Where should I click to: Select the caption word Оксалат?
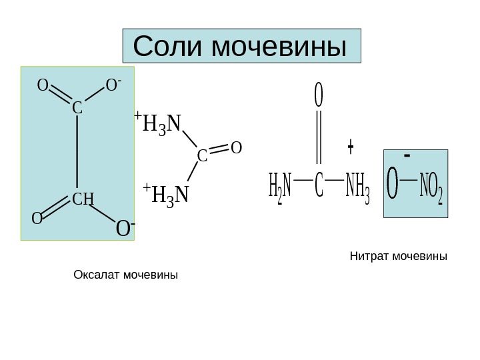[96, 274]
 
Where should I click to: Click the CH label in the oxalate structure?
[83, 199]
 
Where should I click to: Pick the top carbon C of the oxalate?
[77, 107]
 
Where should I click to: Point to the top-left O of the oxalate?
[42, 85]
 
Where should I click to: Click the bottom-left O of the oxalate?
[37, 219]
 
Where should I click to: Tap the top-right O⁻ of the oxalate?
[113, 85]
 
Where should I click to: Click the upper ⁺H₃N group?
[160, 124]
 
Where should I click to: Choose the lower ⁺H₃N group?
[167, 195]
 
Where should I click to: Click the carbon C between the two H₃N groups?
[202, 156]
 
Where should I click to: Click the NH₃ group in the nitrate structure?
[357, 187]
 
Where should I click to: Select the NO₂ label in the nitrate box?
[430, 188]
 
